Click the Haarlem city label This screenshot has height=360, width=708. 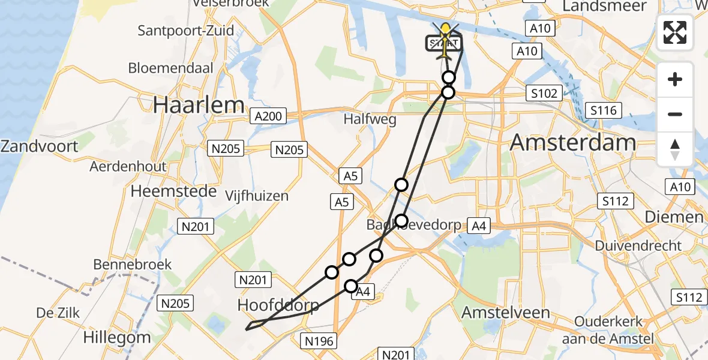pos(198,106)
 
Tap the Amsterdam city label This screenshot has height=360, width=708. pos(572,143)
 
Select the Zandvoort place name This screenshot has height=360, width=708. pos(40,146)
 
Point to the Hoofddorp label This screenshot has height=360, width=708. pos(278,305)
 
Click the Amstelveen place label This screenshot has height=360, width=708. pos(505,313)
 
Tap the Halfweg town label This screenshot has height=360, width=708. pos(370,119)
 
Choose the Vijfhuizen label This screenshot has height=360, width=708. pos(256,196)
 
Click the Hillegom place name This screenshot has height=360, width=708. pos(118,337)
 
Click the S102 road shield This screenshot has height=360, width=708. pos(544,93)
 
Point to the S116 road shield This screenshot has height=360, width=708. pos(603,110)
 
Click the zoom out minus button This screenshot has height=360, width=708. pos(675,114)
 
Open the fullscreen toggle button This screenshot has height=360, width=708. pos(675,32)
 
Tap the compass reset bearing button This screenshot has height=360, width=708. pos(675,149)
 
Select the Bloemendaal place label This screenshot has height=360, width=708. pos(170,68)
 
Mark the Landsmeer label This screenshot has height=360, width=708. pos(604,6)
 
